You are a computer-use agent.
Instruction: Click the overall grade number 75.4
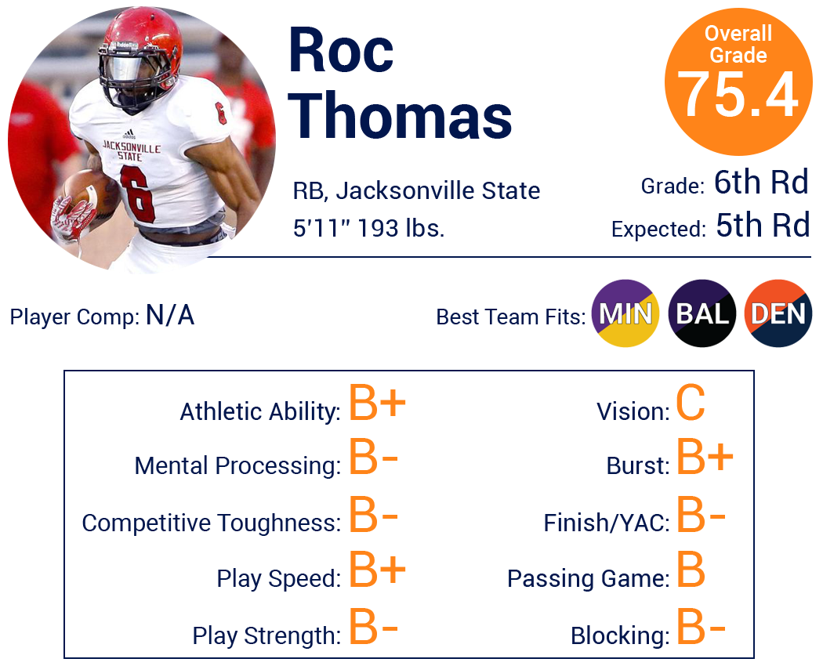(738, 95)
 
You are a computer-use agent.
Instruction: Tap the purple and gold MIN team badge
(625, 313)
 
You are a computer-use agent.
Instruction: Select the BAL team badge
(702, 313)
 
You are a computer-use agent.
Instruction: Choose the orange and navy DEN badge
(778, 313)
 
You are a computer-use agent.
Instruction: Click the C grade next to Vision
(691, 403)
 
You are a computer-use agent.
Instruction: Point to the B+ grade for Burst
(705, 457)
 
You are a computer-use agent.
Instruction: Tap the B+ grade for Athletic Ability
(377, 403)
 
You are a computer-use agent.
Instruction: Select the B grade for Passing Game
(691, 570)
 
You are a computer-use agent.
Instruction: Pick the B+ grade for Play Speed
(377, 570)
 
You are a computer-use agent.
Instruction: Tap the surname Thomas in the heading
(400, 115)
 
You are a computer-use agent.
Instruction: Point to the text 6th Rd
(761, 183)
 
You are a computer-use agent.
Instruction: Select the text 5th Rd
(763, 226)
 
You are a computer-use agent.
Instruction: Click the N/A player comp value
(170, 316)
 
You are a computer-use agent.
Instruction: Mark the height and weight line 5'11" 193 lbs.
(368, 228)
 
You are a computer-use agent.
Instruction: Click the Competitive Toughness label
(211, 523)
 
